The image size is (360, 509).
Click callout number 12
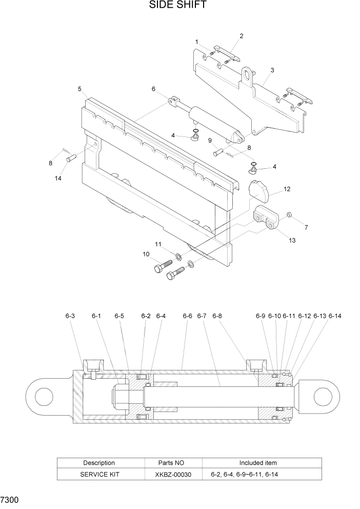click(287, 189)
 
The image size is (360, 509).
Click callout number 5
click(79, 89)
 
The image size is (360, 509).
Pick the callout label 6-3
click(70, 316)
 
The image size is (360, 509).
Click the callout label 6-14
click(335, 316)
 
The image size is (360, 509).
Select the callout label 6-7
click(201, 316)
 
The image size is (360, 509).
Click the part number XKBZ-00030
click(174, 475)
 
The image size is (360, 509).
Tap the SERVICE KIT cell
click(99, 475)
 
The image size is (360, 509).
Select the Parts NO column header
click(174, 463)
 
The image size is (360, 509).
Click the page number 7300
click(10, 499)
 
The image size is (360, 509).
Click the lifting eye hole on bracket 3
click(249, 75)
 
